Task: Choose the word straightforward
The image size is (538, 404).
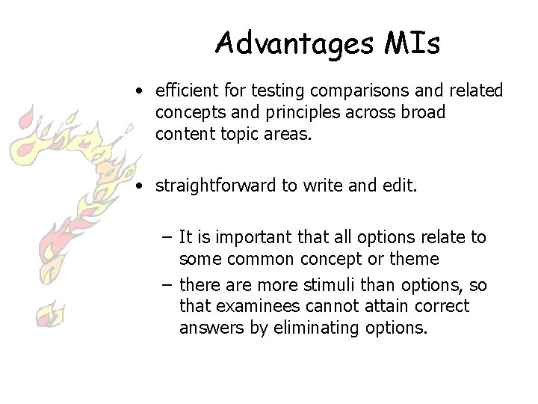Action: (215, 186)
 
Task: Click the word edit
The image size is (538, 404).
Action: (403, 186)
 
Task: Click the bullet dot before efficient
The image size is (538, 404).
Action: (140, 92)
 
